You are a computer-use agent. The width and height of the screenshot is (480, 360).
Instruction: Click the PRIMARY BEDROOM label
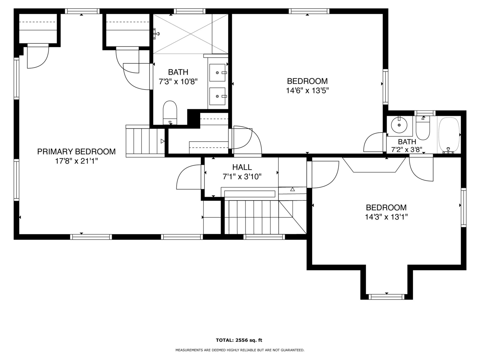[76, 151]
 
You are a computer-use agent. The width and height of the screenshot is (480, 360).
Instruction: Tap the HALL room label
[242, 167]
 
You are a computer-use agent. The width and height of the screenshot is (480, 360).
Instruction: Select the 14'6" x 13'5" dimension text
[307, 90]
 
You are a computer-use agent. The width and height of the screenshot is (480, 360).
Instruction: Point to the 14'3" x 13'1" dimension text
[386, 217]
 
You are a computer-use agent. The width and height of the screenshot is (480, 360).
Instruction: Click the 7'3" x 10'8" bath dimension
[178, 82]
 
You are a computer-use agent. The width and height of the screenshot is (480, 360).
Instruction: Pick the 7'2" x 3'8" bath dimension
[407, 150]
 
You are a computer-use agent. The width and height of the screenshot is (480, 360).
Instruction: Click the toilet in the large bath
[170, 112]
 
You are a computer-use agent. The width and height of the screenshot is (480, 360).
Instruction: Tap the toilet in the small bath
[423, 128]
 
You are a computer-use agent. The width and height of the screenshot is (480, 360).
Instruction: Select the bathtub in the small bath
[449, 135]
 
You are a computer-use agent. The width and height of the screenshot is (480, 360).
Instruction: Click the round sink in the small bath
[399, 125]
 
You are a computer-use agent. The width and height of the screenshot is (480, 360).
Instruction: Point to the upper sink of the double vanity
[217, 73]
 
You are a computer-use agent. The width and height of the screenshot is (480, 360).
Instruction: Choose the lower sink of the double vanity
[217, 96]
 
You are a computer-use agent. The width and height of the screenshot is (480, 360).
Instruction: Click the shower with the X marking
[190, 34]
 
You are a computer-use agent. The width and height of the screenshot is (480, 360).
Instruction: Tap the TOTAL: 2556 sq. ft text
[239, 340]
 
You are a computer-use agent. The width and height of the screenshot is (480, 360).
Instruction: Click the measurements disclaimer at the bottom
[240, 350]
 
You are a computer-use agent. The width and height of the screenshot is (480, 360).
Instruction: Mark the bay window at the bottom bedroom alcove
[386, 297]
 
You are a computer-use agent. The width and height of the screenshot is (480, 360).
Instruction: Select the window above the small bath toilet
[425, 113]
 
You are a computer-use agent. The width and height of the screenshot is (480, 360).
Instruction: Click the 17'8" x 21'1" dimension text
[76, 161]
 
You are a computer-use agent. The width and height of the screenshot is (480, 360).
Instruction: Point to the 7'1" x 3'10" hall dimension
[242, 177]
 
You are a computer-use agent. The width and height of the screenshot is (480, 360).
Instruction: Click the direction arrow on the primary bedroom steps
[163, 141]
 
